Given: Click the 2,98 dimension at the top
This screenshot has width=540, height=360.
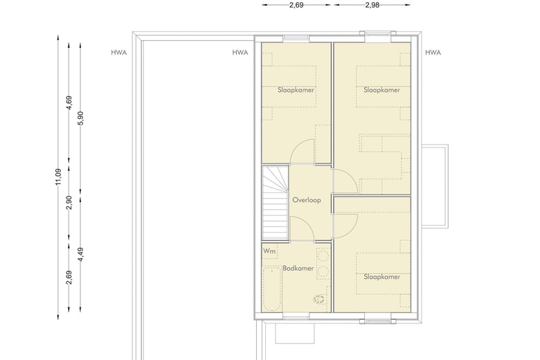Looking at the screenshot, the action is [372, 5].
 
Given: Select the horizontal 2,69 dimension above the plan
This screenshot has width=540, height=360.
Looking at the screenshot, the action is [296, 5].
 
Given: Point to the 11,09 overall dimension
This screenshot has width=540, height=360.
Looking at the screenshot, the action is [58, 177].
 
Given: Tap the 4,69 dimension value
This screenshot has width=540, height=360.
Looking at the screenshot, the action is [69, 103].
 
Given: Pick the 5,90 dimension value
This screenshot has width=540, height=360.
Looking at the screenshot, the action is [80, 118].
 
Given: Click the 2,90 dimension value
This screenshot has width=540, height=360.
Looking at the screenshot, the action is [69, 203].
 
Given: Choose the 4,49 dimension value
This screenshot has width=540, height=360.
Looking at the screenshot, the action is [80, 254].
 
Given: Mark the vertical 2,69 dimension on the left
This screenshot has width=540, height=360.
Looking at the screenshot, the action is [69, 278].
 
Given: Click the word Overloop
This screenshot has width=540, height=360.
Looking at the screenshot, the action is [307, 200].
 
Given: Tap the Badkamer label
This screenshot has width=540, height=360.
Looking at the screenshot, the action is [298, 269].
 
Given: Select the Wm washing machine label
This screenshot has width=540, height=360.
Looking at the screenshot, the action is [269, 251].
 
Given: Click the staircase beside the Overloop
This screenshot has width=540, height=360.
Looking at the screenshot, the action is [275, 203].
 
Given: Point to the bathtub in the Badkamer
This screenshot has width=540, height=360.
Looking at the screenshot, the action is [272, 289].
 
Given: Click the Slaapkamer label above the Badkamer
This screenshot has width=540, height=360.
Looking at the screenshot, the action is [296, 90].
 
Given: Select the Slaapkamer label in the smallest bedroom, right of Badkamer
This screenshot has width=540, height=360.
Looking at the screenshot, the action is [382, 277].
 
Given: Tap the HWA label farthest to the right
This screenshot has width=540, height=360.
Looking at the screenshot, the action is [433, 53].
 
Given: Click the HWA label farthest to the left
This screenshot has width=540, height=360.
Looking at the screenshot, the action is [119, 53].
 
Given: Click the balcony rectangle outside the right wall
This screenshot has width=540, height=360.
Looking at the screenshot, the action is [435, 186].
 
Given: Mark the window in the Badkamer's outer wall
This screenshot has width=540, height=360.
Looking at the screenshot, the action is [296, 317].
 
